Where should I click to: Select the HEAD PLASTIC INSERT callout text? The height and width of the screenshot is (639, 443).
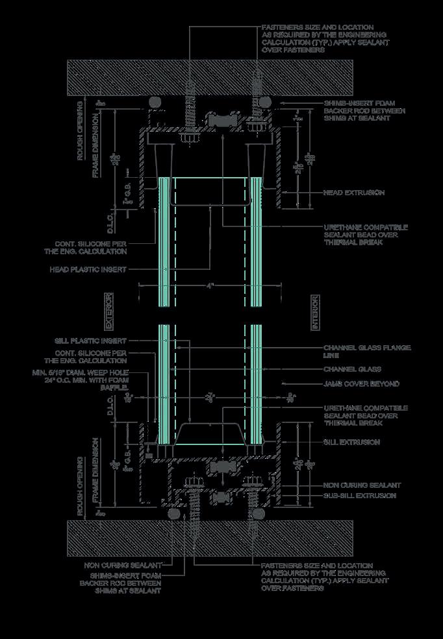coord(88,269)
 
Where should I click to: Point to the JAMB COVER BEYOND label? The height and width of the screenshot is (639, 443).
coord(361,384)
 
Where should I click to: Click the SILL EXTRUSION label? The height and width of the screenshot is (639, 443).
coord(351,442)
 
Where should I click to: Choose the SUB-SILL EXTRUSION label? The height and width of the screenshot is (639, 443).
coord(359,496)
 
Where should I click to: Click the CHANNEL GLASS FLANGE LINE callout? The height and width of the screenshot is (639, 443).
coord(366,352)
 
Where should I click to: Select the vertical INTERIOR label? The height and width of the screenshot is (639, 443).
coord(315,311)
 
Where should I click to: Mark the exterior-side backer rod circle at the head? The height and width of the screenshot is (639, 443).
coord(154,102)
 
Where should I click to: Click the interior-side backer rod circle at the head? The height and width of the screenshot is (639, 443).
coord(264,102)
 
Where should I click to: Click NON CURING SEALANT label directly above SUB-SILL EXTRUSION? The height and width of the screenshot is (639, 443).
coord(362,485)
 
